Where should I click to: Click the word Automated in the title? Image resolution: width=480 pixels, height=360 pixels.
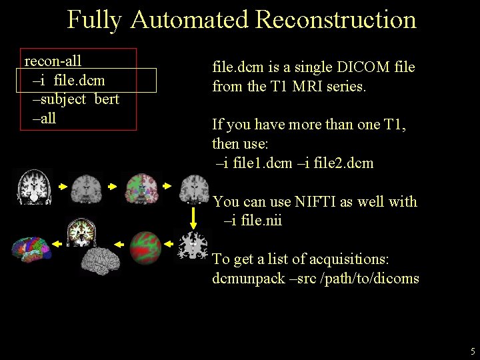click(x=189, y=20)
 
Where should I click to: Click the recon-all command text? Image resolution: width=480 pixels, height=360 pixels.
click(x=53, y=61)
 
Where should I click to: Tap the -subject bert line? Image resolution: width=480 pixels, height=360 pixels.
click(x=75, y=99)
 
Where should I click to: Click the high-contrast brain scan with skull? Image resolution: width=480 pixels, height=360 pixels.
click(x=33, y=186)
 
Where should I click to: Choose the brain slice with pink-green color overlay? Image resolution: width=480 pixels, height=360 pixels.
click(x=141, y=188)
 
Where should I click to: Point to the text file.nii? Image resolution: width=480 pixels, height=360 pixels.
click(x=260, y=220)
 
